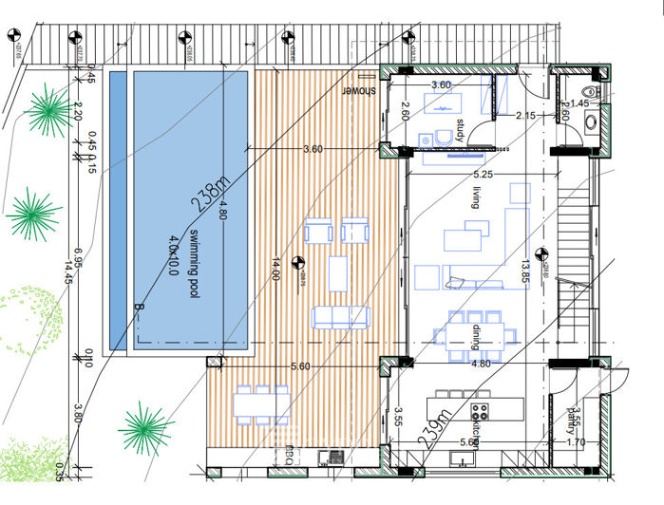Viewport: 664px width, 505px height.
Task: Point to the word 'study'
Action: pyautogui.click(x=460, y=130)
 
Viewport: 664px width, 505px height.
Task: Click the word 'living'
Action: pyautogui.click(x=478, y=198)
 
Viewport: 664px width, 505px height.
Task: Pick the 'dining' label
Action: pyautogui.click(x=477, y=337)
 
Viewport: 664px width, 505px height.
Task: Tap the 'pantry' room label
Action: pyautogui.click(x=572, y=418)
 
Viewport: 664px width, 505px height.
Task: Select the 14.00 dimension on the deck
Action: pyautogui.click(x=276, y=271)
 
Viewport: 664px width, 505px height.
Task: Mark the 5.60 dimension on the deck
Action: pyautogui.click(x=300, y=365)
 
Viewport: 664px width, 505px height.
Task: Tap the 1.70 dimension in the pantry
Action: pyautogui.click(x=576, y=441)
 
